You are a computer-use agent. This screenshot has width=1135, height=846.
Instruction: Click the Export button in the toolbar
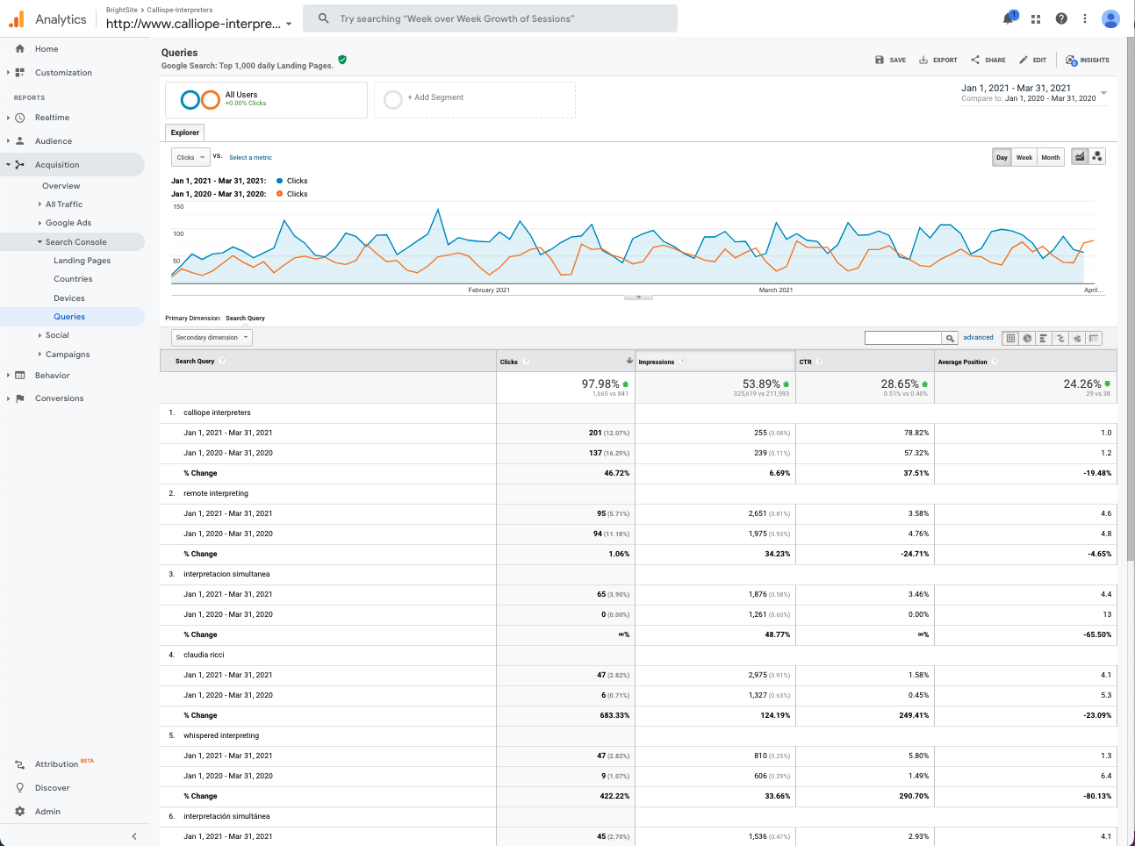tap(937, 60)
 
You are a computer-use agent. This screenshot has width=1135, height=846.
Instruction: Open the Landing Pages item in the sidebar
tap(82, 261)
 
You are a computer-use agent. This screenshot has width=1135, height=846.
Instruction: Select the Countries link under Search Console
tap(73, 279)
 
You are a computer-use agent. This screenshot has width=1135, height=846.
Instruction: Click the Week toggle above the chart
tap(1024, 157)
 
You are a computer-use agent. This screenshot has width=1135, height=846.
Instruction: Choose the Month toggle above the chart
tap(1051, 157)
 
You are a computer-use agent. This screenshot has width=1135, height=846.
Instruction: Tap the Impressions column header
tap(657, 362)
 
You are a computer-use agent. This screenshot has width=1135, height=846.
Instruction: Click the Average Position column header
tap(962, 362)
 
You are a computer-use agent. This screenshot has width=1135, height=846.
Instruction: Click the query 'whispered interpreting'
tap(221, 735)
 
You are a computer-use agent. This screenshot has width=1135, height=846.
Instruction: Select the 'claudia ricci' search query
tap(204, 655)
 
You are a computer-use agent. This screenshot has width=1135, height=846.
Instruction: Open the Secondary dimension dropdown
tap(212, 338)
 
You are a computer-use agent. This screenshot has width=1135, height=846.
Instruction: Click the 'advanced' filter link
tap(978, 338)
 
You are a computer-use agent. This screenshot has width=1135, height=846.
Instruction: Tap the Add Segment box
tap(475, 99)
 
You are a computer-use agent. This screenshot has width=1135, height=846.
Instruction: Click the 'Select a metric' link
tap(250, 158)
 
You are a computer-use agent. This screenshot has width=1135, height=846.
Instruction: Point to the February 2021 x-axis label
tap(489, 290)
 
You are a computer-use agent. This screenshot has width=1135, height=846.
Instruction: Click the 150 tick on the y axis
tap(178, 207)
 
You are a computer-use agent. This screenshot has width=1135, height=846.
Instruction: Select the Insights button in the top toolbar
tap(1088, 60)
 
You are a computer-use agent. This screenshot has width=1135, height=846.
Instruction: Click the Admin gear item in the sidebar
tap(47, 812)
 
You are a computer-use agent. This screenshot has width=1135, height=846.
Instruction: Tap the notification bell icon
tap(1009, 18)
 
